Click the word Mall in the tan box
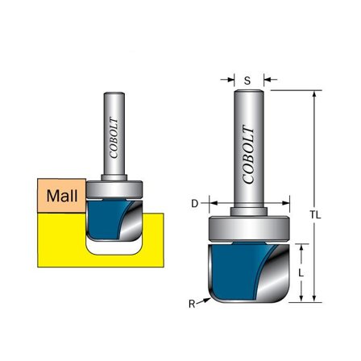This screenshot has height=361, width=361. click(x=61, y=196)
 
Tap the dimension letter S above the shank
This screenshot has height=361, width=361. click(x=247, y=81)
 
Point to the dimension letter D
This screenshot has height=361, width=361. click(x=194, y=204)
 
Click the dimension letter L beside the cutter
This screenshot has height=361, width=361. click(x=301, y=272)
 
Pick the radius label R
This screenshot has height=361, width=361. click(x=192, y=304)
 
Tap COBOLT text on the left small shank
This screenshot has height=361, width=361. click(x=115, y=139)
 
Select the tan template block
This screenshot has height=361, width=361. click(x=61, y=196)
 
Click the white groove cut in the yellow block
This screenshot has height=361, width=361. click(x=113, y=251)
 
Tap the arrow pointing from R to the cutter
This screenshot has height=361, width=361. click(x=202, y=300)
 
